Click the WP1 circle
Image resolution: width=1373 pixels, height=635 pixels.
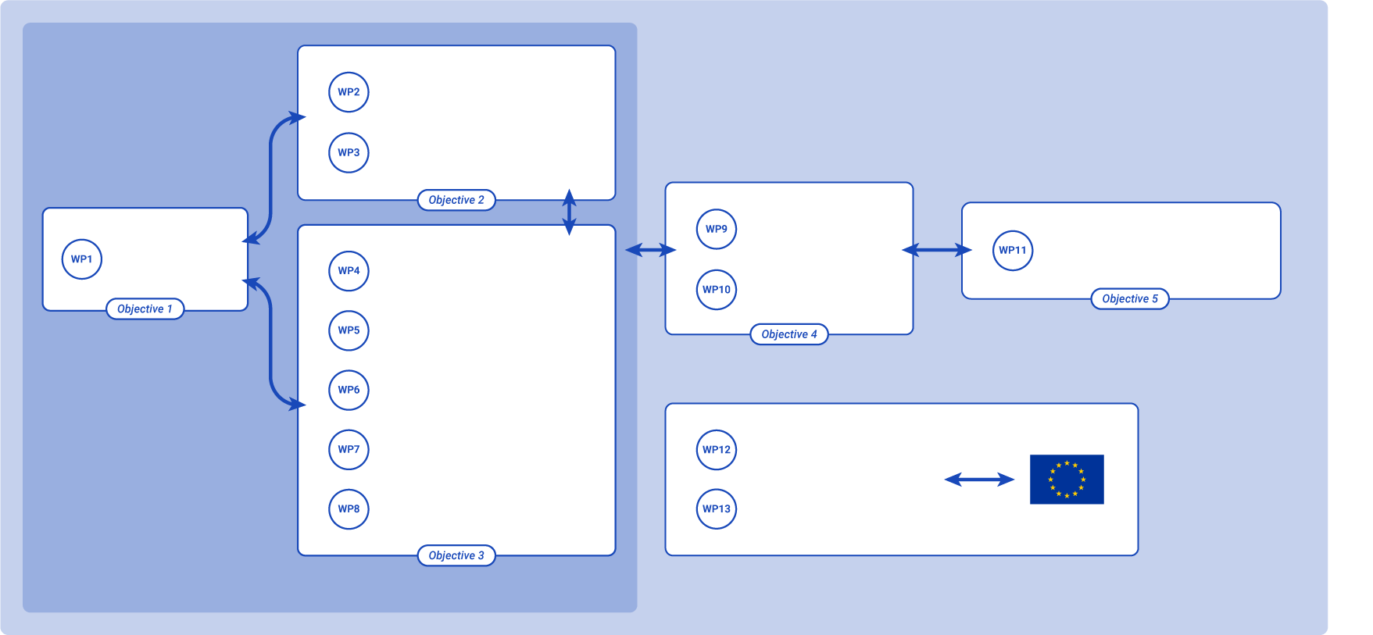pos(82,259)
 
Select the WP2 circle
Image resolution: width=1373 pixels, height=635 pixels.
pos(349,92)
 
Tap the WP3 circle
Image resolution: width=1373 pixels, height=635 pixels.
pos(349,152)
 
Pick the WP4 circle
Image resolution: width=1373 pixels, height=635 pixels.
pos(349,271)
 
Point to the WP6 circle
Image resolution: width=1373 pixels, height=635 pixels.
pos(349,390)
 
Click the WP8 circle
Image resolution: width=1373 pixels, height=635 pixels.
pos(349,509)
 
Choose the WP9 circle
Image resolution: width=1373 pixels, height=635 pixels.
pos(717,229)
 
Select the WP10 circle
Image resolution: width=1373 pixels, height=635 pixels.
pos(717,290)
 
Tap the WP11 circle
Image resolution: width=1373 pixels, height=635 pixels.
pos(1013,251)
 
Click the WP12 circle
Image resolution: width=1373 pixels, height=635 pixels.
pos(717,450)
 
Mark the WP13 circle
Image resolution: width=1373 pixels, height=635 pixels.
pos(717,509)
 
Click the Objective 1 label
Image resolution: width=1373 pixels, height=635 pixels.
pos(145,309)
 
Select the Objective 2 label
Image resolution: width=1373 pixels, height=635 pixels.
pos(456,200)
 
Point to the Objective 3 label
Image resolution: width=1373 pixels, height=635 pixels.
pos(456,555)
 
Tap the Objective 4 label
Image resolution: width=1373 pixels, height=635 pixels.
pos(789,334)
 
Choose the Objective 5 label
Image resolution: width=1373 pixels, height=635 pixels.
pos(1130,298)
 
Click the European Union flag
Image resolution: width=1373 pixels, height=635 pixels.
pos(1067,480)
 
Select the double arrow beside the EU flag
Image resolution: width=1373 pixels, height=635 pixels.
pos(979,480)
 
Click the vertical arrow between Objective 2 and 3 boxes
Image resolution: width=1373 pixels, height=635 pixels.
pos(570,212)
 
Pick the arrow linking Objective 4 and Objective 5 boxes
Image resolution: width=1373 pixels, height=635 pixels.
pos(937,250)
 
